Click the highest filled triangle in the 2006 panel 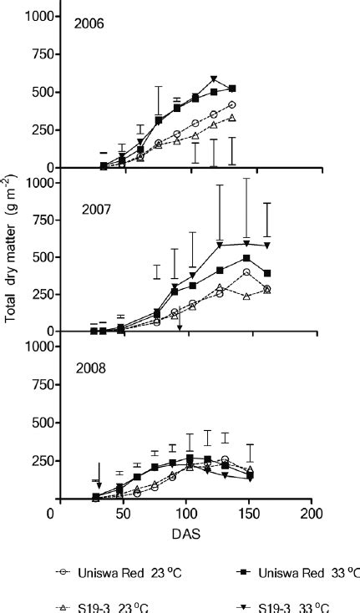coord(214,79)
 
